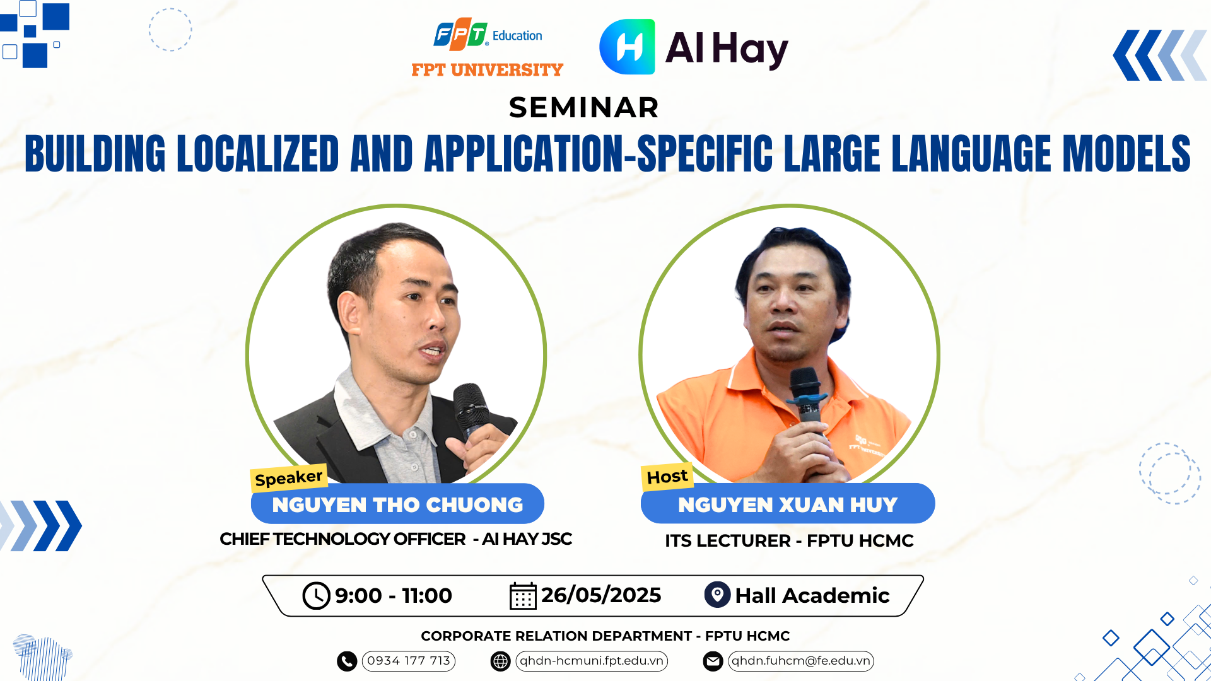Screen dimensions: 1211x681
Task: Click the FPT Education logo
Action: click(488, 34)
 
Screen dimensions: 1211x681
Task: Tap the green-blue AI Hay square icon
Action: click(627, 47)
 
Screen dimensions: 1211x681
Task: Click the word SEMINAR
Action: click(584, 108)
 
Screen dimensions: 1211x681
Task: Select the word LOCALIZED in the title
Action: click(258, 153)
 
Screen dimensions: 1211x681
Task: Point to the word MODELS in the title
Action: click(1126, 153)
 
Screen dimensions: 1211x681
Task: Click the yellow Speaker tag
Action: click(289, 477)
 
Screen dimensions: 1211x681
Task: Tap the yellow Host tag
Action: click(667, 476)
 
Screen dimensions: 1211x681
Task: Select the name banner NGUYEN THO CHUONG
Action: click(397, 504)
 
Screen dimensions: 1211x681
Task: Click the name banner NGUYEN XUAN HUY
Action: click(788, 504)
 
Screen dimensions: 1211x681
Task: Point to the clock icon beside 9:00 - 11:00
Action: click(316, 595)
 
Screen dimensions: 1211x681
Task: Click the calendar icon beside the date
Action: click(523, 595)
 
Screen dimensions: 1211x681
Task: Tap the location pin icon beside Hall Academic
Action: click(717, 595)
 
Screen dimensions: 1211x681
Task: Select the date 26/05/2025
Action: click(601, 595)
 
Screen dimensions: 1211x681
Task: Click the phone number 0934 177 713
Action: click(409, 661)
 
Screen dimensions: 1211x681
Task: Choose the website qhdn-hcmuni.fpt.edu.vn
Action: click(592, 661)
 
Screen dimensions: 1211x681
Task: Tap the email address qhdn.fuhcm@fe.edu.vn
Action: click(801, 661)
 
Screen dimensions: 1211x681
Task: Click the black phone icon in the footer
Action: click(347, 661)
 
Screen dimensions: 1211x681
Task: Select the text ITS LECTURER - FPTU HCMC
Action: click(789, 540)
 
